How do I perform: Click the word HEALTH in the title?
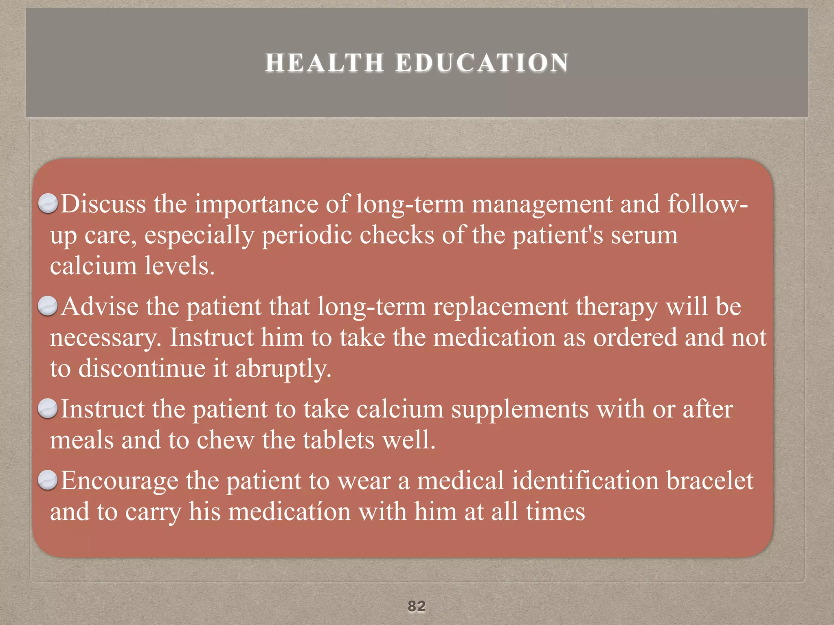325,63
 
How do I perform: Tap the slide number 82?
417,606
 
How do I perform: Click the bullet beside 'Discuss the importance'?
48,203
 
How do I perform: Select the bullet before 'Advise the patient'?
48,306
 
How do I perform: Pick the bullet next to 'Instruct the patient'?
48,409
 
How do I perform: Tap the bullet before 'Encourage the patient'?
48,480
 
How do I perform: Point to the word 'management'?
542,204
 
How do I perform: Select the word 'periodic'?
307,236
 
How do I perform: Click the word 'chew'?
225,440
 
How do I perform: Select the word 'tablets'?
338,440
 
